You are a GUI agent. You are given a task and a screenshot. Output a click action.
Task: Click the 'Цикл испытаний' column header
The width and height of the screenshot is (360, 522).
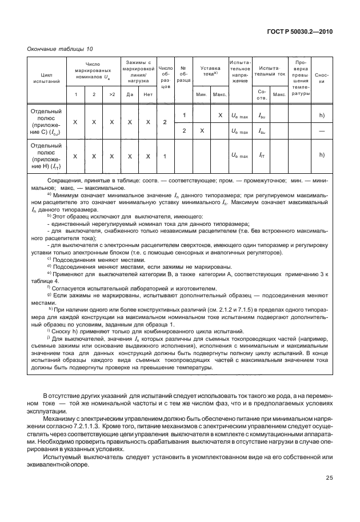coord(46,78)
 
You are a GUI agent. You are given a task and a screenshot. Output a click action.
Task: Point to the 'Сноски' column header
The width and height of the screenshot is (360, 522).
coord(321,78)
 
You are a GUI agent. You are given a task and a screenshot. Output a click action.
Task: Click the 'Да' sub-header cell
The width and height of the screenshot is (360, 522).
coord(130,94)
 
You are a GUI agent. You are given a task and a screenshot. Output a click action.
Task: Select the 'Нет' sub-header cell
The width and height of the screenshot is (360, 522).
coord(148,94)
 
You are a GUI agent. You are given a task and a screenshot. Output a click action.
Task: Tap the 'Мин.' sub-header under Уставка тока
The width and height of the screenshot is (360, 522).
coord(201,94)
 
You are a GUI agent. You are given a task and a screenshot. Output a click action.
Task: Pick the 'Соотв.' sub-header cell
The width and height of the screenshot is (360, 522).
coord(262,93)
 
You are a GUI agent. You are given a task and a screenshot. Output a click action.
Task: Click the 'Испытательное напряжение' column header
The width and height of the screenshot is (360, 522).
coord(239,71)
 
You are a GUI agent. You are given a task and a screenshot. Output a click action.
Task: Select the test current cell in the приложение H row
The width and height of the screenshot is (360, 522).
coord(262,156)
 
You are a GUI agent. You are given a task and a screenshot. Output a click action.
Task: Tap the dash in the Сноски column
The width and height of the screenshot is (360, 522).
coord(322,131)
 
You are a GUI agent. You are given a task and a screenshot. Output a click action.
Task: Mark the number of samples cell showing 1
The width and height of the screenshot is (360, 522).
coord(165,156)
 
